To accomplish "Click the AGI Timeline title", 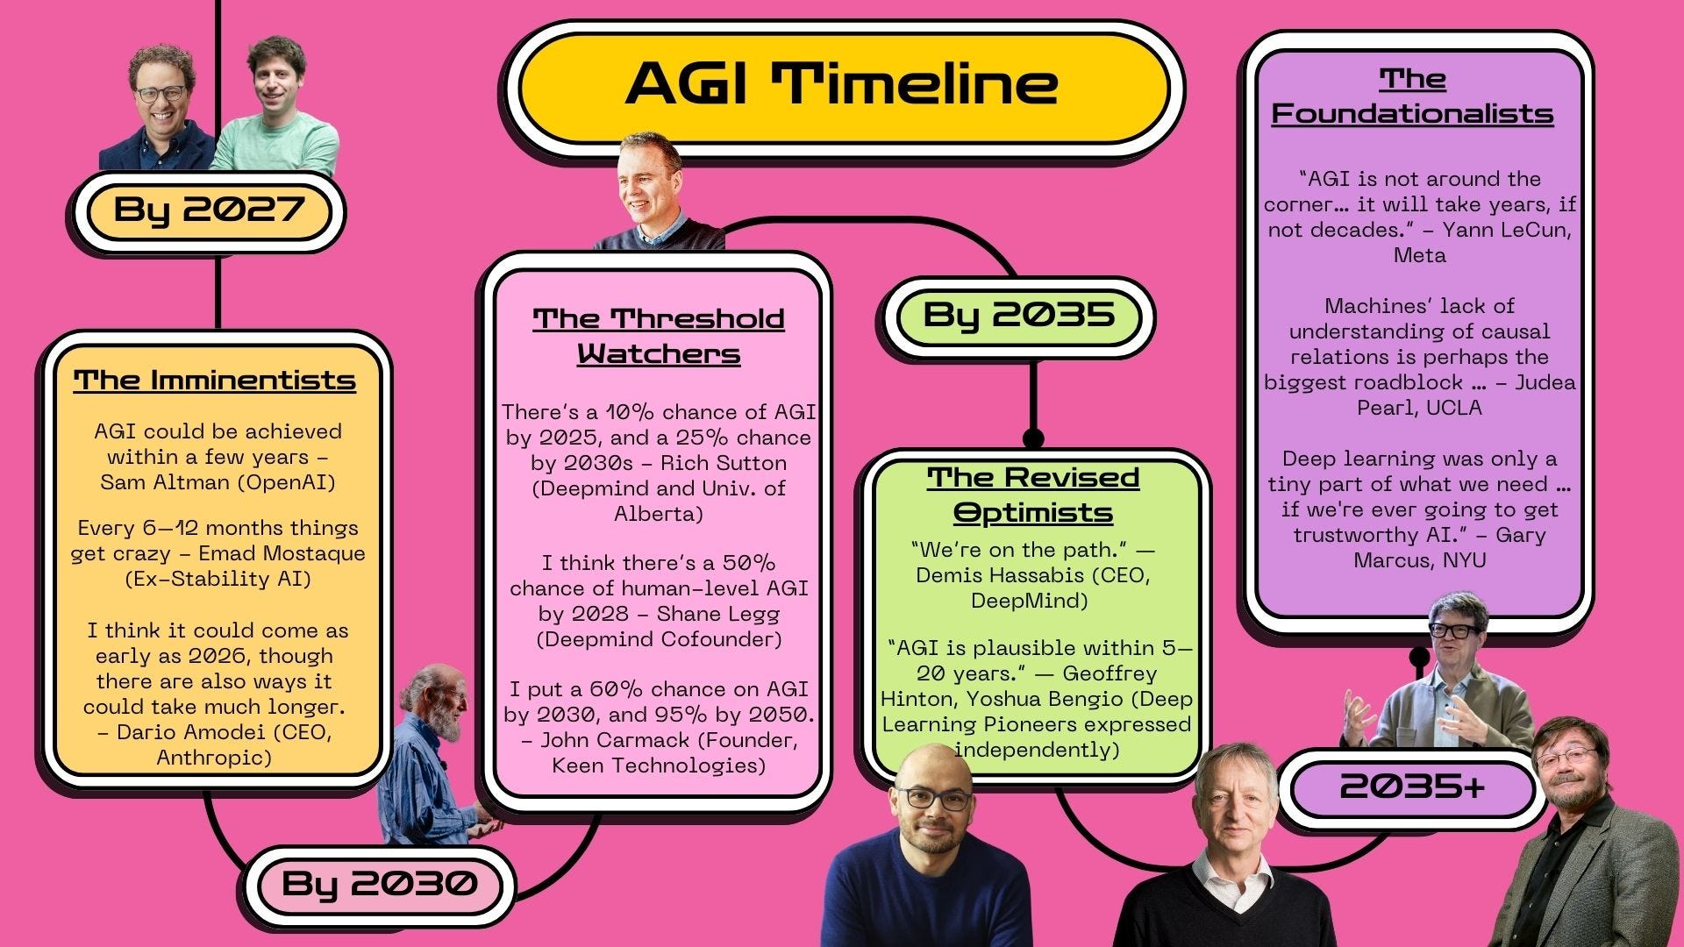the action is click(x=842, y=84).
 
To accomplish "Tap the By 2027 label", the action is click(x=209, y=210).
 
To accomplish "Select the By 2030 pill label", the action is click(x=380, y=883).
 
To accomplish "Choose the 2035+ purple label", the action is click(x=1412, y=787).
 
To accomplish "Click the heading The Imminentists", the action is click(x=215, y=381).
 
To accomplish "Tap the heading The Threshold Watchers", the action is click(x=659, y=336).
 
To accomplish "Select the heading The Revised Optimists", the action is click(x=1033, y=494).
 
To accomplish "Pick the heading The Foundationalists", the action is click(x=1413, y=96).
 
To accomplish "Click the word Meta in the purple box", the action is click(x=1420, y=255).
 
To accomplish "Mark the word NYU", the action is click(x=1463, y=560).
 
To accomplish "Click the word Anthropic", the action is click(x=214, y=757).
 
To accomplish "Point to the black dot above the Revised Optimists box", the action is click(x=1033, y=438).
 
